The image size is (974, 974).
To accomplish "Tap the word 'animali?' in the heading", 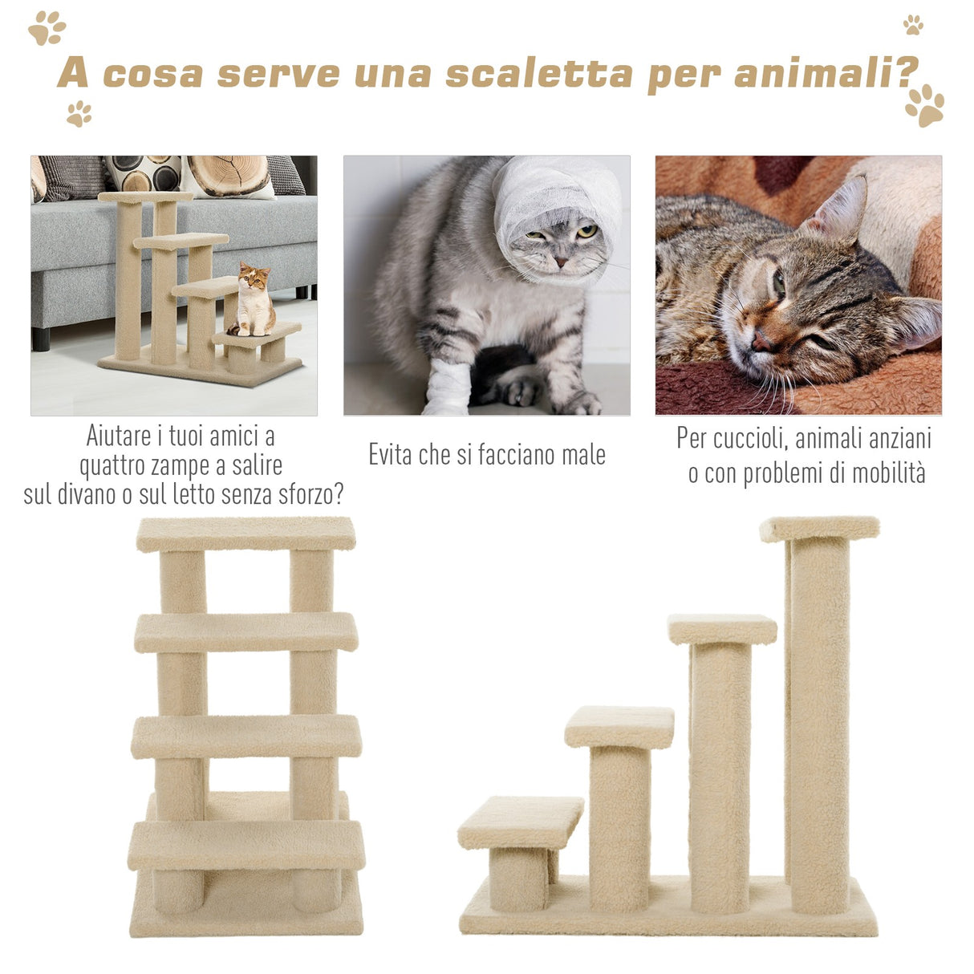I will tap(826, 73).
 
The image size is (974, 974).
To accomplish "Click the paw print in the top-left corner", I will tap(47, 28).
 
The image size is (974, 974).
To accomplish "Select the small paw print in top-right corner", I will tap(913, 25).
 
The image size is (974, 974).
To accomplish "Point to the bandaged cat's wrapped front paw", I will tap(447, 388).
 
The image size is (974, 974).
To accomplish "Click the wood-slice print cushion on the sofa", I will tap(229, 174).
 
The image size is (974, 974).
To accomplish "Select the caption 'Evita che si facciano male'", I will tap(486, 455).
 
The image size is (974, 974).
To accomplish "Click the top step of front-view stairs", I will tap(246, 534).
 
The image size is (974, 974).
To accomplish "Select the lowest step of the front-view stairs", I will tap(246, 845).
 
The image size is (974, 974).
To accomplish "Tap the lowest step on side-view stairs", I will tap(520, 822).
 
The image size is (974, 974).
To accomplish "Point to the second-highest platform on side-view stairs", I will tap(721, 629).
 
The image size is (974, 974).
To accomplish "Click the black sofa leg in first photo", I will tap(40, 338).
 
